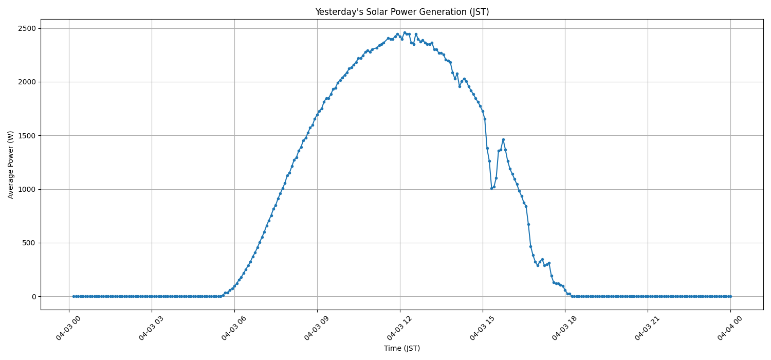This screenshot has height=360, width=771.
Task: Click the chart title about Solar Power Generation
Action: pyautogui.click(x=402, y=12)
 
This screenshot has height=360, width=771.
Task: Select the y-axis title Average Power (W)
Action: pyautogui.click(x=11, y=165)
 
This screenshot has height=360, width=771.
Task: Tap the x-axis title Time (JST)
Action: pyautogui.click(x=402, y=348)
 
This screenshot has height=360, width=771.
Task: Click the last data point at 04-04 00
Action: pyautogui.click(x=730, y=296)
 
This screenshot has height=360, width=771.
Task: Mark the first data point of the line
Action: pyautogui.click(x=74, y=296)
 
